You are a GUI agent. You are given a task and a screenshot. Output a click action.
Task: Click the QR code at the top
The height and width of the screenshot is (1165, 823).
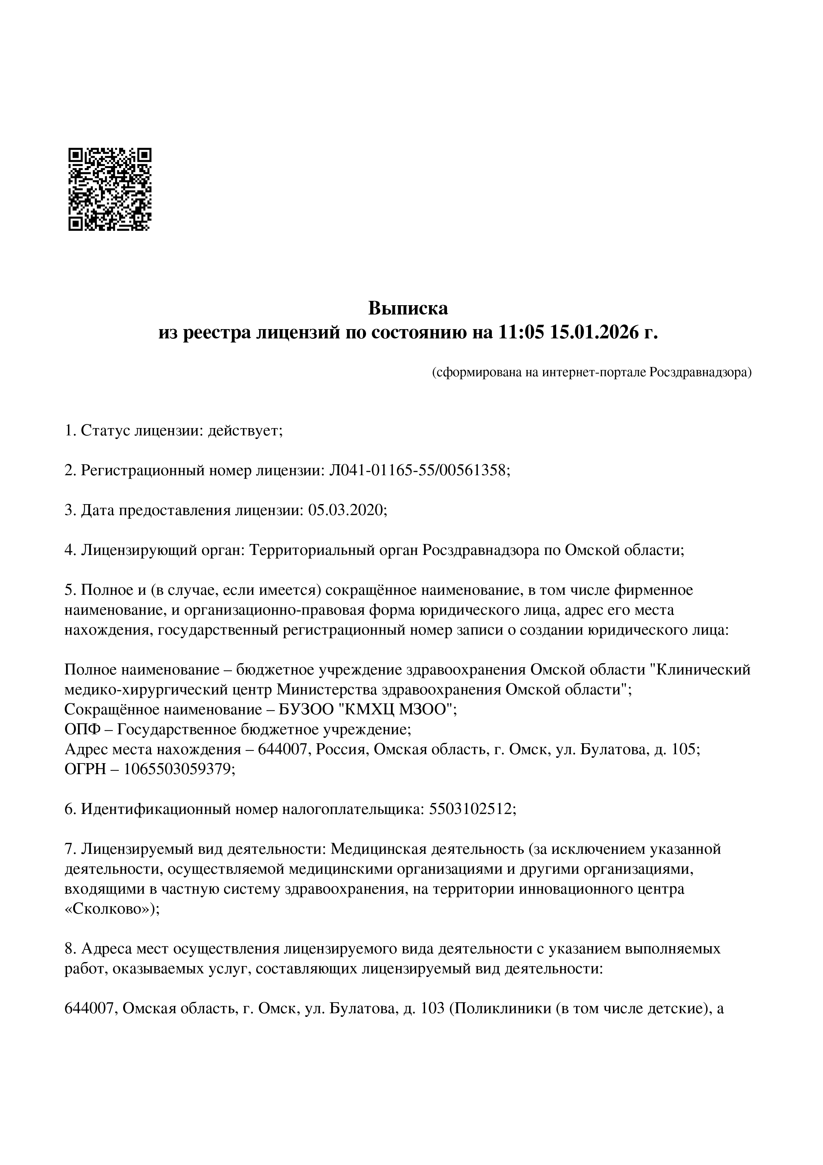[x=110, y=189]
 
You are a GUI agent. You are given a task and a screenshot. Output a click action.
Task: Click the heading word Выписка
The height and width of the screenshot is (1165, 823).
[x=408, y=308]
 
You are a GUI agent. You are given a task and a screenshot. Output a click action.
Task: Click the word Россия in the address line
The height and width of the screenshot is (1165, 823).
[x=341, y=750]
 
